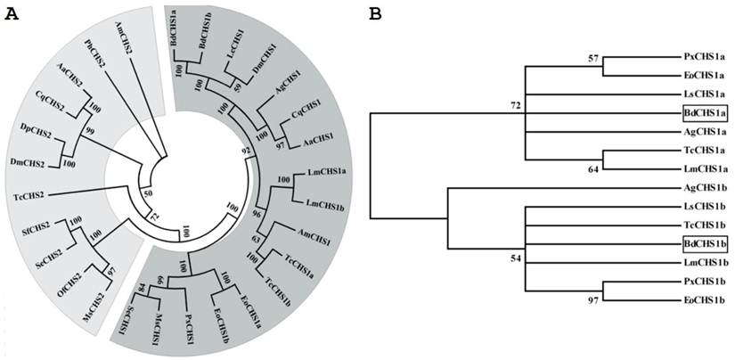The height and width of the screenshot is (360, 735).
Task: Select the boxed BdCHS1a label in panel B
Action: point(704,112)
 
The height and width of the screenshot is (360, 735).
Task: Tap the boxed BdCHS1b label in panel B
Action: point(704,244)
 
